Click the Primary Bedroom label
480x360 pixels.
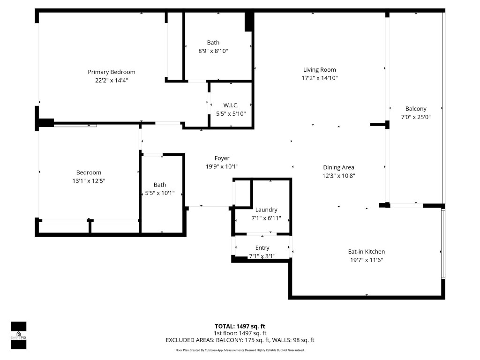click(x=112, y=72)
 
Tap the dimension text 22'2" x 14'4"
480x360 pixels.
click(x=112, y=80)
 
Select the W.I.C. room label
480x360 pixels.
click(x=231, y=105)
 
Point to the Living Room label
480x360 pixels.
click(x=320, y=70)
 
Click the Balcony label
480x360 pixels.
click(x=416, y=109)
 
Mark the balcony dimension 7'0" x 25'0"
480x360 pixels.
click(x=416, y=117)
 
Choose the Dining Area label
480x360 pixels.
click(x=338, y=167)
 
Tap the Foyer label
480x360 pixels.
click(x=222, y=158)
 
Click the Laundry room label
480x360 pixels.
click(x=266, y=210)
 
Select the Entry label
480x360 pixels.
click(x=262, y=247)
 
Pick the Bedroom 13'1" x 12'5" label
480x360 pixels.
click(x=89, y=172)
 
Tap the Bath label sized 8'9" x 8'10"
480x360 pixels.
click(x=213, y=43)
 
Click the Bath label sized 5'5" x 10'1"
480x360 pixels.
click(x=160, y=185)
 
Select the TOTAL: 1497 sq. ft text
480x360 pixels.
click(x=240, y=326)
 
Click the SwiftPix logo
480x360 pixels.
click(x=18, y=335)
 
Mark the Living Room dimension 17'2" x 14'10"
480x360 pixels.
click(x=320, y=78)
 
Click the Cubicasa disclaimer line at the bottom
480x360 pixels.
click(x=240, y=350)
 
